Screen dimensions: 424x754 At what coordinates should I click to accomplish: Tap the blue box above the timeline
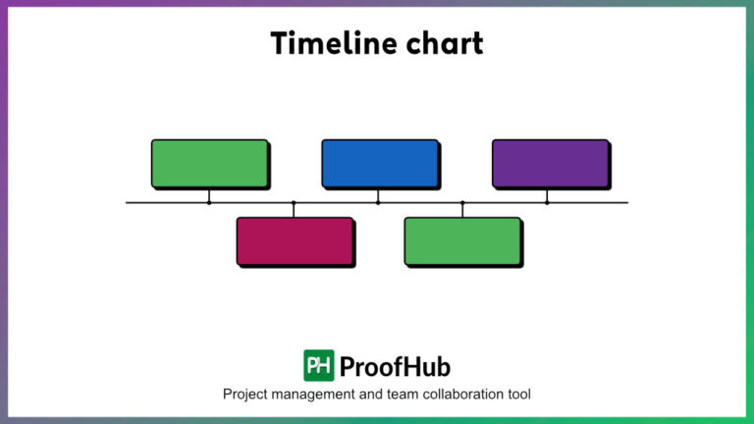click(x=379, y=163)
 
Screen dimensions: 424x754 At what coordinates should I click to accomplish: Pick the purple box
click(x=550, y=163)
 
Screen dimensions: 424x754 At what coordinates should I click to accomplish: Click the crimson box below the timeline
click(x=295, y=240)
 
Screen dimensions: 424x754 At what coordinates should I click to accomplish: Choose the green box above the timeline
click(x=209, y=163)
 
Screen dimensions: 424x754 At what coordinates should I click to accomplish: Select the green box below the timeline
click(x=462, y=240)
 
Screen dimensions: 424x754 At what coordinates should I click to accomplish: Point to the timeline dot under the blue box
click(x=378, y=203)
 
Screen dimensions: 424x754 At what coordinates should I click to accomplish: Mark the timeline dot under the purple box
click(x=547, y=203)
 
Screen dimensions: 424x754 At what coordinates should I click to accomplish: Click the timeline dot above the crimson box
click(x=294, y=203)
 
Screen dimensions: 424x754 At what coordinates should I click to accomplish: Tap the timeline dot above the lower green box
click(x=462, y=203)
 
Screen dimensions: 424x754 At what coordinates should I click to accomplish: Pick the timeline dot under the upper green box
click(x=209, y=203)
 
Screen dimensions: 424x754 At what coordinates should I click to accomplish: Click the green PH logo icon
click(x=318, y=365)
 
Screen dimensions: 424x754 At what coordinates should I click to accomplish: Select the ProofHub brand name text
click(x=395, y=366)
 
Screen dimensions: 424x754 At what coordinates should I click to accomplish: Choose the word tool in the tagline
click(x=518, y=395)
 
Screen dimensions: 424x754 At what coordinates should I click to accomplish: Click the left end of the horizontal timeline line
click(x=129, y=203)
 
